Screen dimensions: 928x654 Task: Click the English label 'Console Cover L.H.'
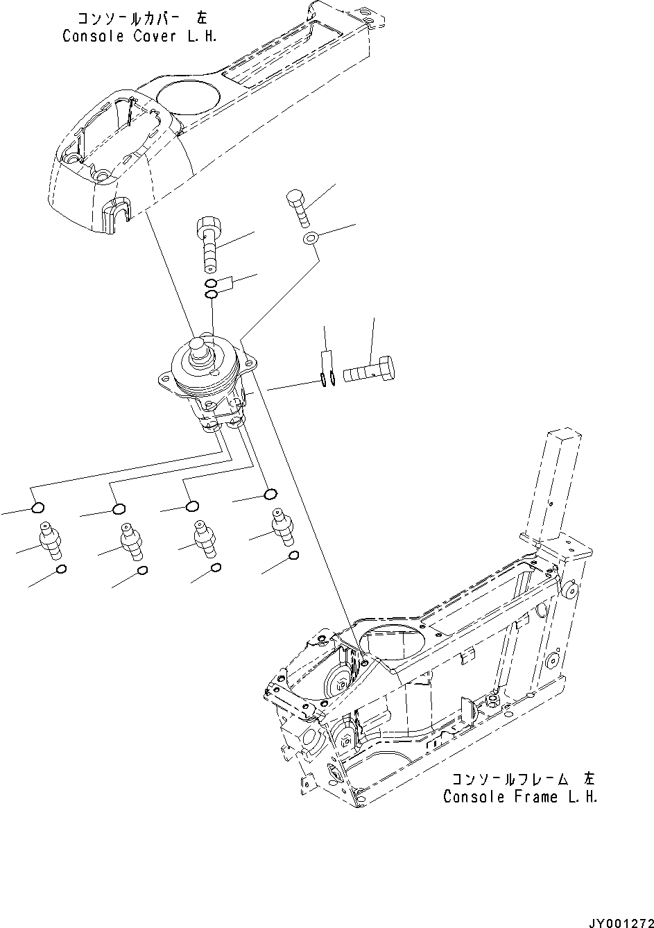click(x=139, y=37)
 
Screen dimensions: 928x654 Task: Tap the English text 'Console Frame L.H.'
click(x=520, y=797)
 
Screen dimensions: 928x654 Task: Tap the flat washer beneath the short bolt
click(x=310, y=239)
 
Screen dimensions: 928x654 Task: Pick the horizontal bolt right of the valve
click(x=370, y=370)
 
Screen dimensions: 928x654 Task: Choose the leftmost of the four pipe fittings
click(x=50, y=540)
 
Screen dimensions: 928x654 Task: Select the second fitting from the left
click(x=130, y=540)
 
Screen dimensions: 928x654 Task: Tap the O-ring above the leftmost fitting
click(x=38, y=509)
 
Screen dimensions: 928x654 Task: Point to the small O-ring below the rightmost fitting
click(x=293, y=556)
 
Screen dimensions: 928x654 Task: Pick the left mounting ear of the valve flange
click(x=165, y=379)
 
